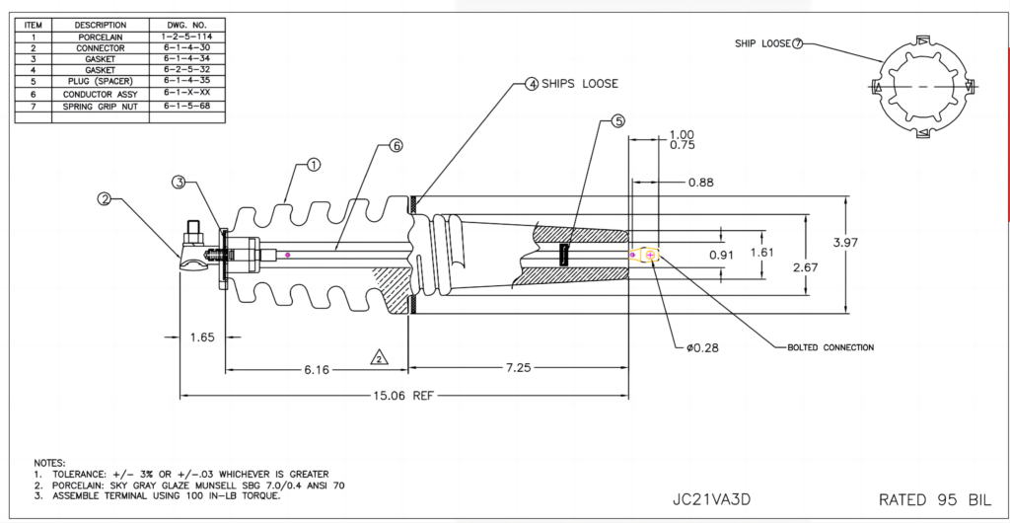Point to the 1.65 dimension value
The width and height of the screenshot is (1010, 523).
click(x=202, y=337)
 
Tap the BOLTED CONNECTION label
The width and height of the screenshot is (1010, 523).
click(x=830, y=347)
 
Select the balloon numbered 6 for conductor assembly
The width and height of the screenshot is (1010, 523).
click(x=396, y=145)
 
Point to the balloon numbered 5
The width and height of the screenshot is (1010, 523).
click(x=618, y=121)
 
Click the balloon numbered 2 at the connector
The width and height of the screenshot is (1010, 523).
click(x=104, y=199)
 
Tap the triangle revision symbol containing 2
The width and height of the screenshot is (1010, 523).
click(x=378, y=357)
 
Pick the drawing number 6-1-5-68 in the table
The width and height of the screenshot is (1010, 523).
click(x=186, y=104)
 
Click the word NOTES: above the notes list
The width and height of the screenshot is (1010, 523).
click(x=49, y=462)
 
